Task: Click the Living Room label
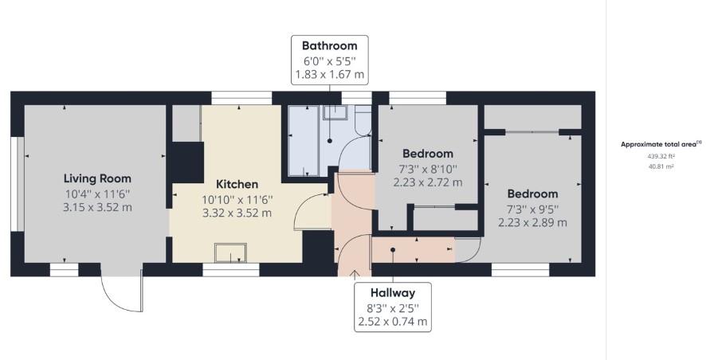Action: [97, 178]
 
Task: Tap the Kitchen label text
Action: [237, 184]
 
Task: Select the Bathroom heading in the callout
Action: [330, 45]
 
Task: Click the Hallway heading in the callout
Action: [393, 293]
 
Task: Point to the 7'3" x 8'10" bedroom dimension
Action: [428, 169]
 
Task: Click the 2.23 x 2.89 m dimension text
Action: [532, 222]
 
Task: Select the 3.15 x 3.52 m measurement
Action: [98, 207]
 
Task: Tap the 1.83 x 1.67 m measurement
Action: [330, 74]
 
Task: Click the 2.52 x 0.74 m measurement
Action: [393, 322]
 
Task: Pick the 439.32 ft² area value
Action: [661, 157]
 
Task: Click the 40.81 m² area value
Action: [661, 166]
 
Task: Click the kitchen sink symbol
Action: [230, 252]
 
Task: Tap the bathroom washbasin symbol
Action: [335, 112]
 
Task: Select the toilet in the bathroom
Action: [363, 120]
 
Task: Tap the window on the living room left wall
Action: [17, 184]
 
